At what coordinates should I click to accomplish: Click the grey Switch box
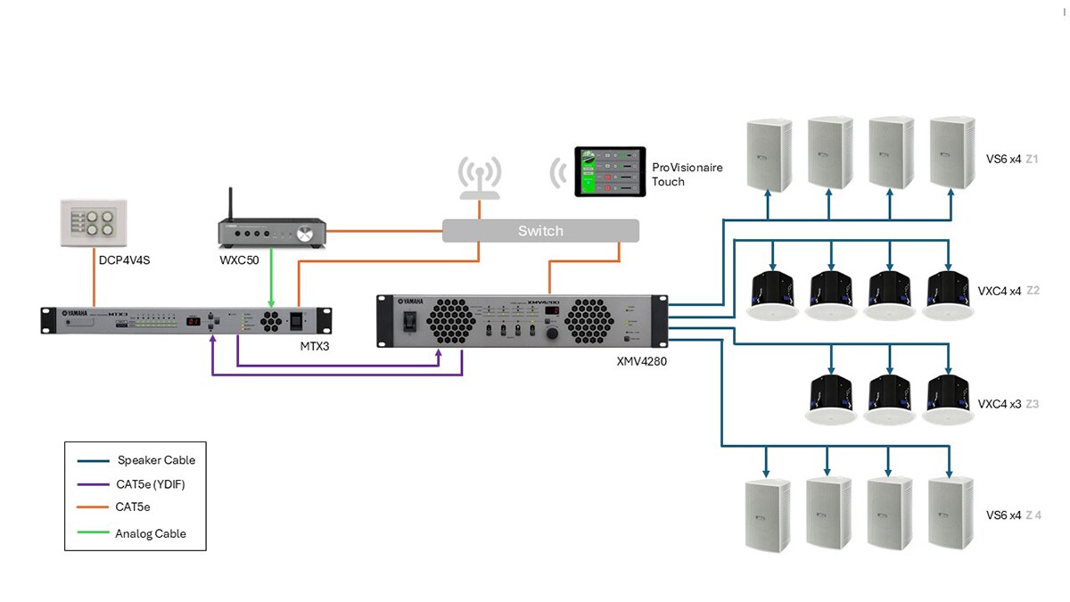540,231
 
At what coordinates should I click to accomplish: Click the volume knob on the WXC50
307,235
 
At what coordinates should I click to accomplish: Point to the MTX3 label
315,345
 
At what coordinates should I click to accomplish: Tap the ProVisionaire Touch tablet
610,171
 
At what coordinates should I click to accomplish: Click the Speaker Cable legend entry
156,460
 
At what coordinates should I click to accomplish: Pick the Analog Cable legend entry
151,533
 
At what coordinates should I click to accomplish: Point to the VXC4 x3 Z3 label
1008,404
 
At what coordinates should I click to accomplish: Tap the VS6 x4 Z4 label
1013,515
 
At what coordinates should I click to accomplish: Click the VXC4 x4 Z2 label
1008,291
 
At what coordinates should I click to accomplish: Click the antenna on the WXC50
231,204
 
